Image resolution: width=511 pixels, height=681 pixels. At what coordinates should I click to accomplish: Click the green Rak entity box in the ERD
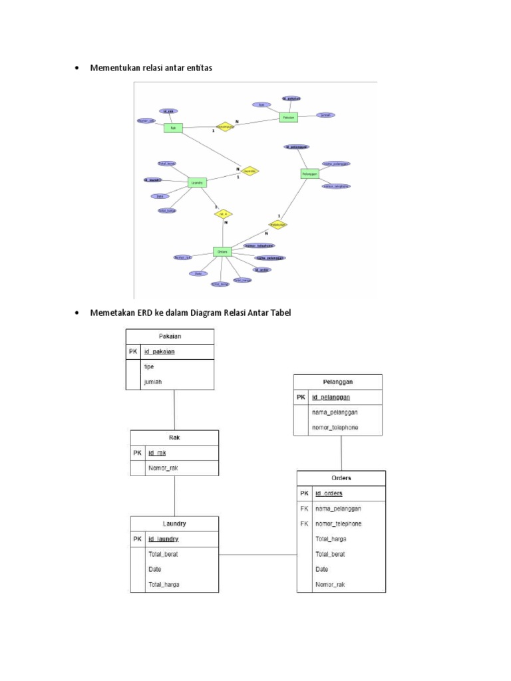[173, 128]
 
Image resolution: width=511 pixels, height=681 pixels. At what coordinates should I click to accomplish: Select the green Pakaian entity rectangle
[288, 117]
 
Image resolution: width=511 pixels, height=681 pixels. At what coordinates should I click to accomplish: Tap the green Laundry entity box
[196, 182]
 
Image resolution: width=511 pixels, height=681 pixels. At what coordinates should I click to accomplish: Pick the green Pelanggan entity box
[309, 173]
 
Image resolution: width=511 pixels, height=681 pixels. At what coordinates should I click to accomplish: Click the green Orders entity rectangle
[222, 251]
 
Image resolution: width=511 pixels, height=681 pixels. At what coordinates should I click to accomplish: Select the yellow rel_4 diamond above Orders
[224, 213]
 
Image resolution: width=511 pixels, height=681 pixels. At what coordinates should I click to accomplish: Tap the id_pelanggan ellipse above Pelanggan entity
[296, 146]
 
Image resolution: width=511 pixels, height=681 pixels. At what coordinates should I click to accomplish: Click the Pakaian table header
[170, 337]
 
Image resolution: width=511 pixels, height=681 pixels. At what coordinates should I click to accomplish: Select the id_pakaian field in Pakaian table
[160, 352]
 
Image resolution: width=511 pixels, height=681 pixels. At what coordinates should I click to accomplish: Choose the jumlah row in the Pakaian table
[154, 381]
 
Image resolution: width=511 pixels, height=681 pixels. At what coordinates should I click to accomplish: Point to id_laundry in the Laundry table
[163, 538]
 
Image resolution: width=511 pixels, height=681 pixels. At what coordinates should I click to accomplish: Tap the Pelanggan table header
[338, 382]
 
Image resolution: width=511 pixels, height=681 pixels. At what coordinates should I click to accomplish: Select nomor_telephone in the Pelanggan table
[335, 427]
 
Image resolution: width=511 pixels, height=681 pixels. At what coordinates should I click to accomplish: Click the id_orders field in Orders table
[329, 493]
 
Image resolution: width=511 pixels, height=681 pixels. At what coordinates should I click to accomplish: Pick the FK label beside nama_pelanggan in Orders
[304, 508]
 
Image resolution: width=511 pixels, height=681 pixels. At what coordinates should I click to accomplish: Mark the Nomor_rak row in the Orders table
[330, 585]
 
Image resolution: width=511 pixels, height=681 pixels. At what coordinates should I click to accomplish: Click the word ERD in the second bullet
[146, 313]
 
